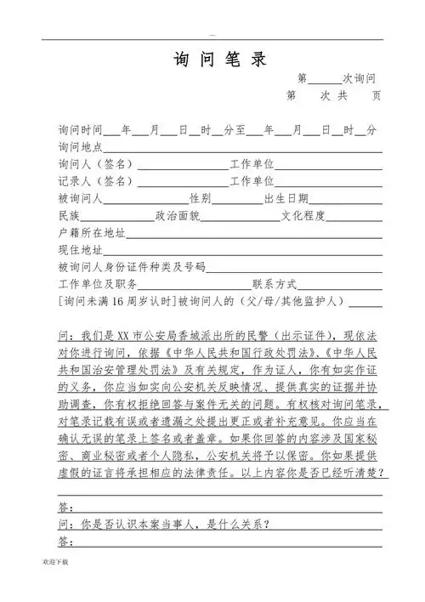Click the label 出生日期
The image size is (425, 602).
286,199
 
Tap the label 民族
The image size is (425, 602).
69,216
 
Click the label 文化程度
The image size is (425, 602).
303,216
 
